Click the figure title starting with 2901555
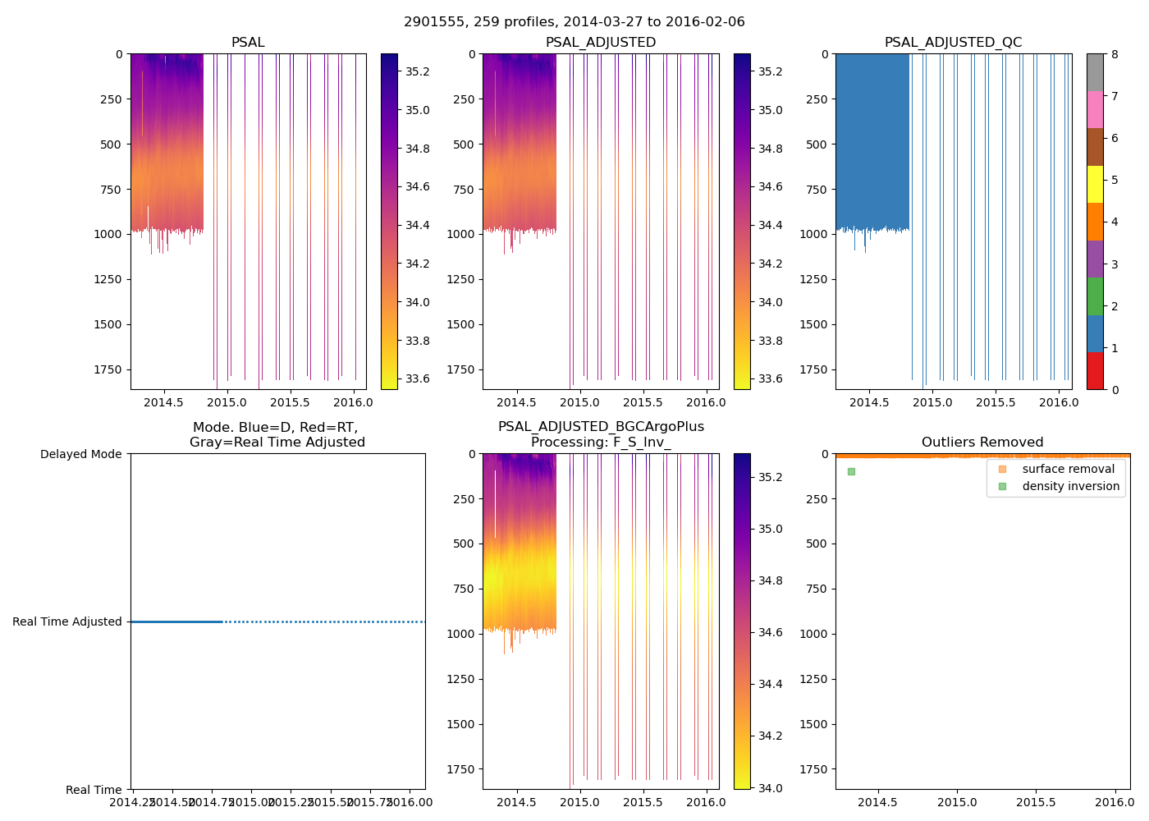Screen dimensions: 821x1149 pyautogui.click(x=574, y=22)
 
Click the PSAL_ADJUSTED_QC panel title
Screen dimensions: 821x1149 pyautogui.click(x=953, y=43)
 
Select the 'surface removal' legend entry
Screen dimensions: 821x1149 pyautogui.click(x=1068, y=469)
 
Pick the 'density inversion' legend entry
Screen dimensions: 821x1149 pyautogui.click(x=1070, y=486)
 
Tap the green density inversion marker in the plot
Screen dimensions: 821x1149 pyautogui.click(x=851, y=471)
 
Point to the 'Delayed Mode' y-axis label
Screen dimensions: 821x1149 pyautogui.click(x=80, y=454)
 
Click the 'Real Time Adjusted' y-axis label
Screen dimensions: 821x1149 pyautogui.click(x=67, y=621)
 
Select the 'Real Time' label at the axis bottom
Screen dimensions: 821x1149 pyautogui.click(x=94, y=790)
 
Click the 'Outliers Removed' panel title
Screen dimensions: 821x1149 pyautogui.click(x=982, y=443)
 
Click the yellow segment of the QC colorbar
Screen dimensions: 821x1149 pyautogui.click(x=1095, y=184)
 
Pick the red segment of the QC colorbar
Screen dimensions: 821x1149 pyautogui.click(x=1095, y=370)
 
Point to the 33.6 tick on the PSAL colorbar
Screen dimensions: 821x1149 pyautogui.click(x=418, y=378)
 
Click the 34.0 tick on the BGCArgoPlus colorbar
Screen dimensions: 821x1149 pyautogui.click(x=770, y=788)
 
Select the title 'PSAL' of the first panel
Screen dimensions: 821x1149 pyautogui.click(x=248, y=43)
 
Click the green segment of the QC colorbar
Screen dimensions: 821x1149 pyautogui.click(x=1095, y=296)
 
